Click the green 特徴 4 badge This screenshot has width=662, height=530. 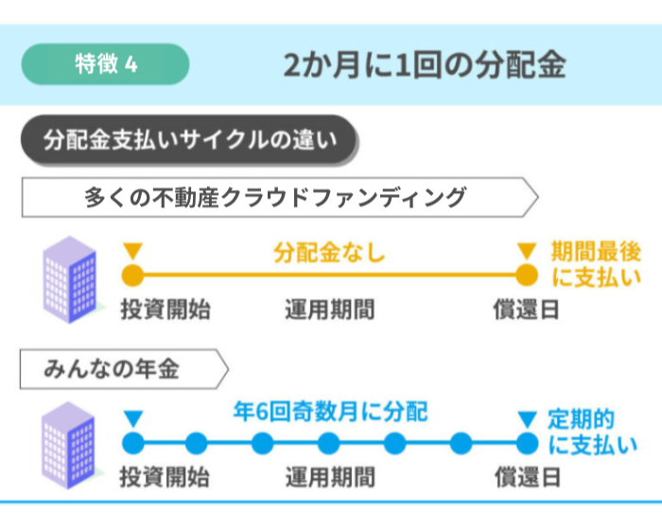[x=105, y=64]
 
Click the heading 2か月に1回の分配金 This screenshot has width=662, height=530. [x=425, y=65]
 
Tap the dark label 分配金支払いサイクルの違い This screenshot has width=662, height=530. [x=189, y=139]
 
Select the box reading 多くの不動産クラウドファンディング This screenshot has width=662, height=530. [x=280, y=198]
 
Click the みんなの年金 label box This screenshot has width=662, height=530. [x=124, y=369]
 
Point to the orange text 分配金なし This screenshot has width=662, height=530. [x=329, y=253]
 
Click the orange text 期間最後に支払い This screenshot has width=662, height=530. [x=596, y=265]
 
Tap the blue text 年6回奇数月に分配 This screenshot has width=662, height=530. [x=331, y=412]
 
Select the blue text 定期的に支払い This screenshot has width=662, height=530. [x=593, y=432]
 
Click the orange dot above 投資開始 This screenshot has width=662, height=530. [x=132, y=275]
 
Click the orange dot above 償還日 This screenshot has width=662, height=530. [x=527, y=275]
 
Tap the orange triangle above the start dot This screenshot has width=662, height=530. [x=133, y=251]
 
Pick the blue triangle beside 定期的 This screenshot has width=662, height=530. [x=528, y=419]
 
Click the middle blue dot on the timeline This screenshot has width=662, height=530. [x=329, y=444]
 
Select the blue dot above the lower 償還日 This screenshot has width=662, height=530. [x=527, y=444]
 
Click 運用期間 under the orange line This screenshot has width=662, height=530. [x=330, y=309]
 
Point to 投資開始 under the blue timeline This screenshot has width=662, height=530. [x=165, y=477]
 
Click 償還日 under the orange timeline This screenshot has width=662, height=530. [x=527, y=309]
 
